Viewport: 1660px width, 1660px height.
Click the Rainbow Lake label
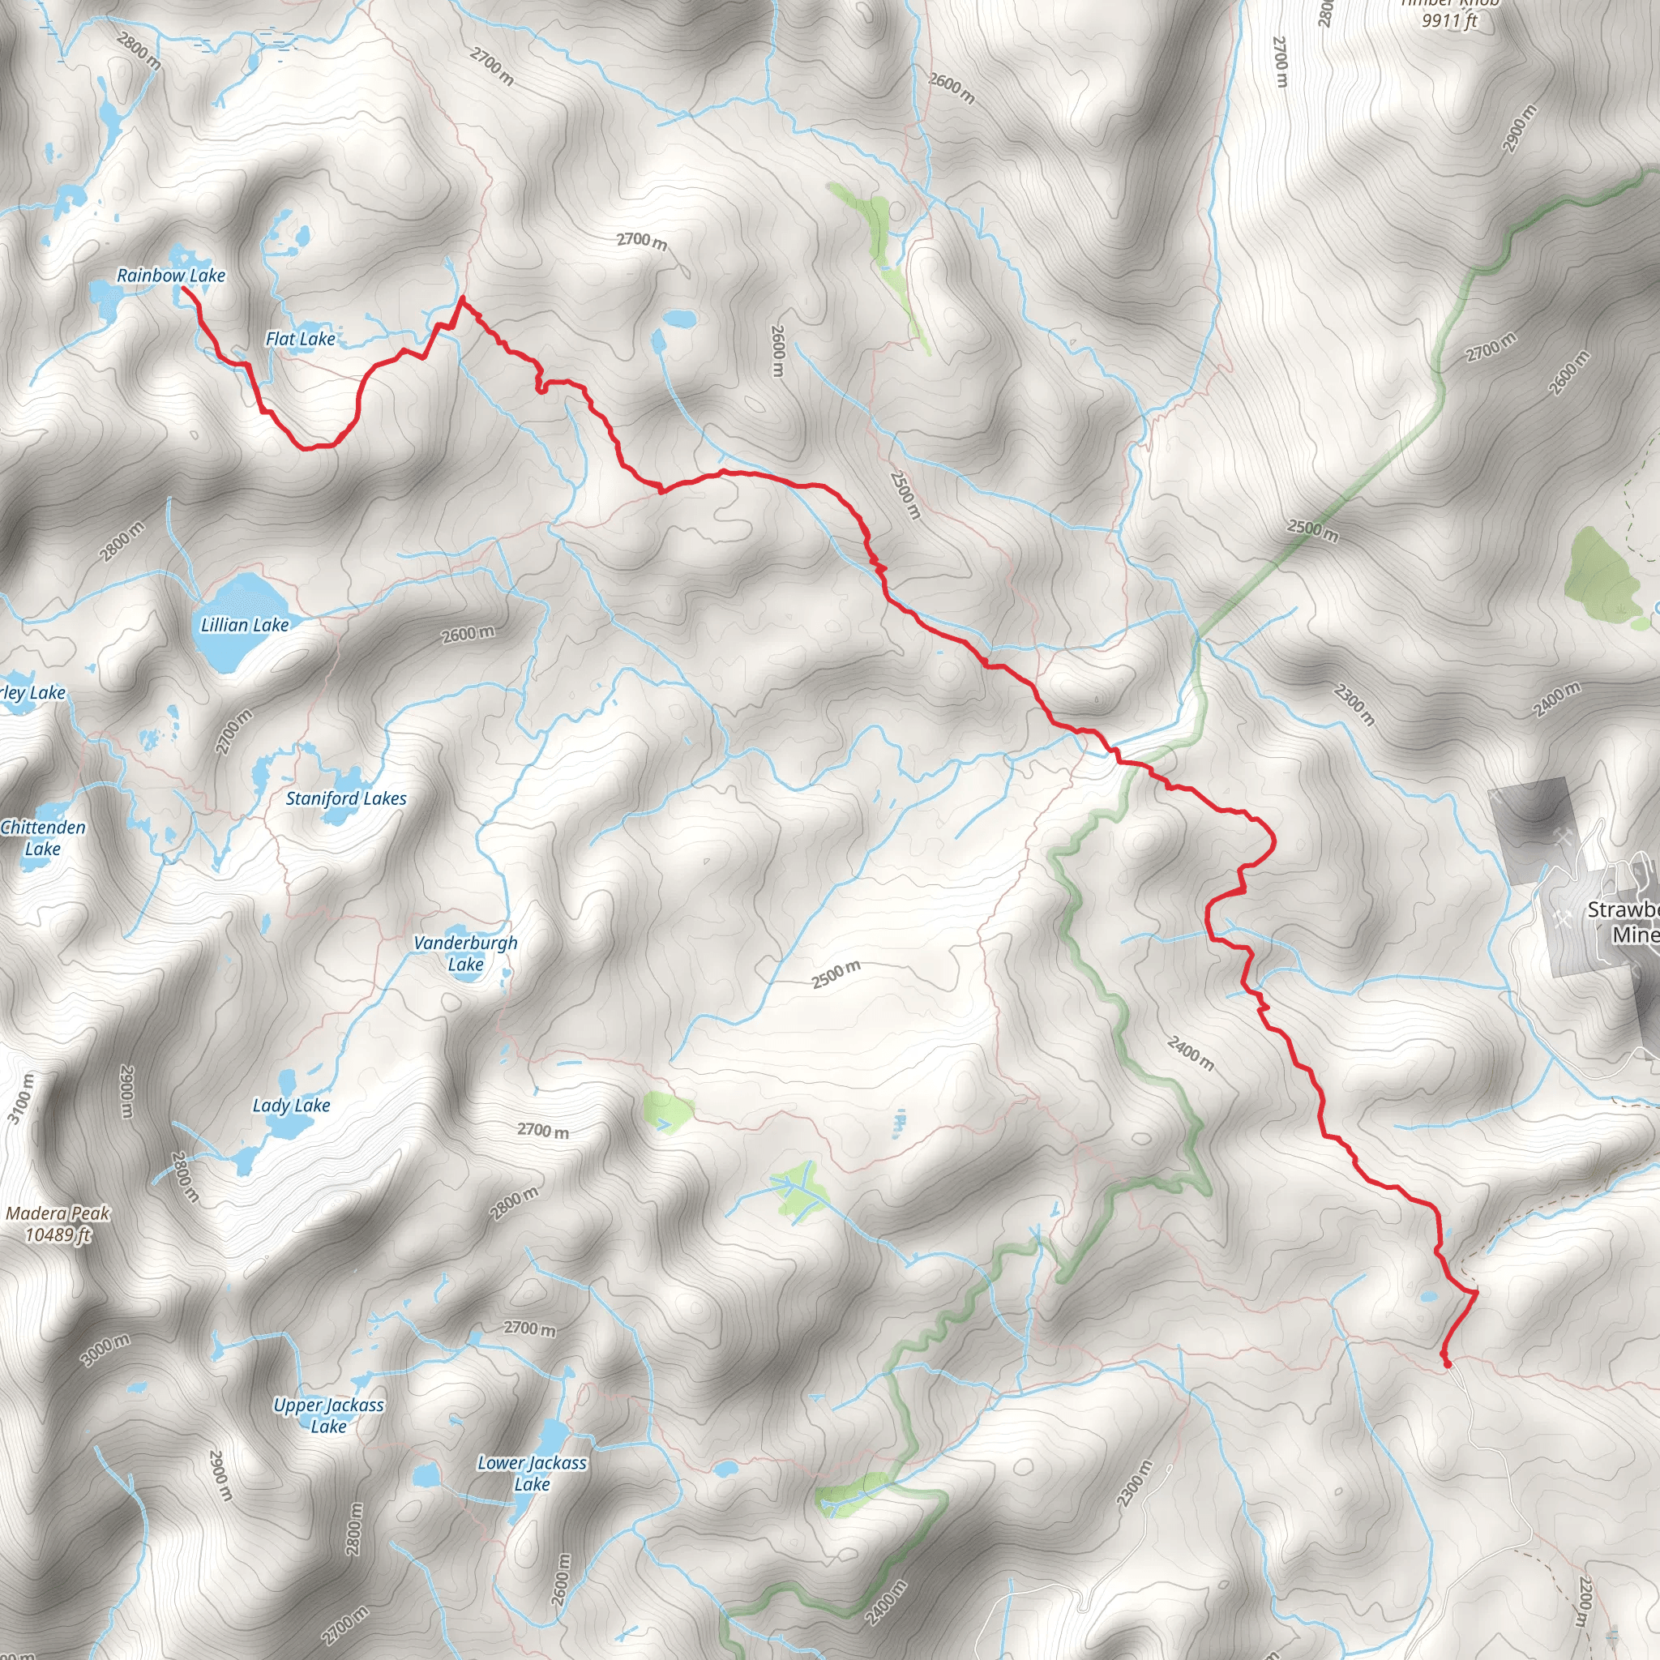(x=171, y=276)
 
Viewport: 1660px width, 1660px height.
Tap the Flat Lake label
(x=300, y=340)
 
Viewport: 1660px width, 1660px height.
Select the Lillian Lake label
(x=245, y=626)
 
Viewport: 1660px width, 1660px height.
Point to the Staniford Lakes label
(x=346, y=799)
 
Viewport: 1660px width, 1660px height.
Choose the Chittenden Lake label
(x=43, y=838)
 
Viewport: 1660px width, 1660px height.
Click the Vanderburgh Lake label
(x=466, y=954)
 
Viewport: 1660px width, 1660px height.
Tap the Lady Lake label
(x=291, y=1106)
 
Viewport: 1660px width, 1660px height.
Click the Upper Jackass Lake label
(x=328, y=1415)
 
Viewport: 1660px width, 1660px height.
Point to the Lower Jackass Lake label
(x=532, y=1473)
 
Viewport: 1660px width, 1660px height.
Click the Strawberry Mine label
(x=1623, y=922)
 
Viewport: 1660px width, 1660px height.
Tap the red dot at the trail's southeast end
(x=1447, y=1363)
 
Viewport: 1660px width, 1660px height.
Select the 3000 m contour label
(x=105, y=1350)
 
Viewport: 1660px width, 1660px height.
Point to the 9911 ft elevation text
(x=1449, y=20)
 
